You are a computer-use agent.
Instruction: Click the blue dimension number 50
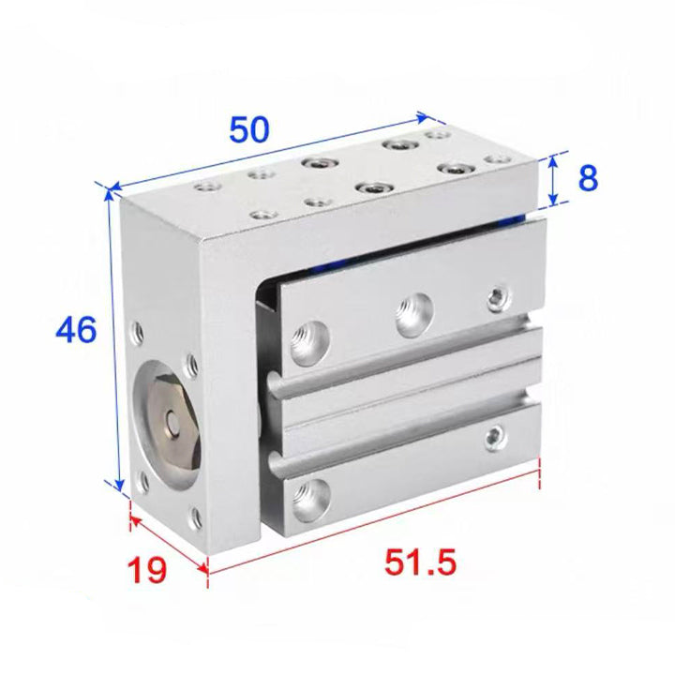[x=249, y=129]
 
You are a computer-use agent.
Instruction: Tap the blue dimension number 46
[x=76, y=330]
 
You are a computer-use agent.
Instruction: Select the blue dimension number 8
[x=588, y=178]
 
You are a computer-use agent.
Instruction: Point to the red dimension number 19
[x=147, y=570]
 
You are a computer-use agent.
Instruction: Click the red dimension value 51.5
[x=420, y=562]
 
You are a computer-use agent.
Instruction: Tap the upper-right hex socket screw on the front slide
[x=500, y=298]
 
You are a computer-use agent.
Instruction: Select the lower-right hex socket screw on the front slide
[x=496, y=438]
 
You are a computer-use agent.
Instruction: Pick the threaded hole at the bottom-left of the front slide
[x=311, y=501]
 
